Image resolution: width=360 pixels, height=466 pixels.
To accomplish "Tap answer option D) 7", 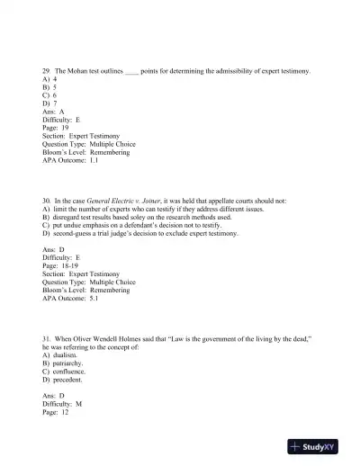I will coord(50,103).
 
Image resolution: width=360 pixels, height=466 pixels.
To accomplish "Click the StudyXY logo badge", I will coord(319,446).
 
